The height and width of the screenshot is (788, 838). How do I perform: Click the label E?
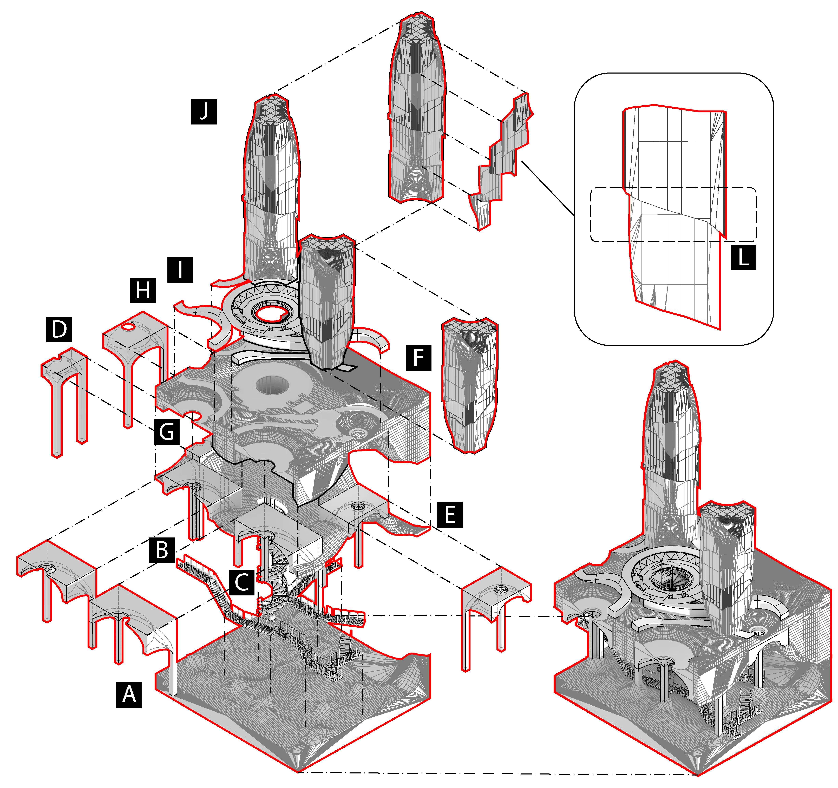click(450, 514)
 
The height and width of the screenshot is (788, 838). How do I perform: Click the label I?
click(180, 270)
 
